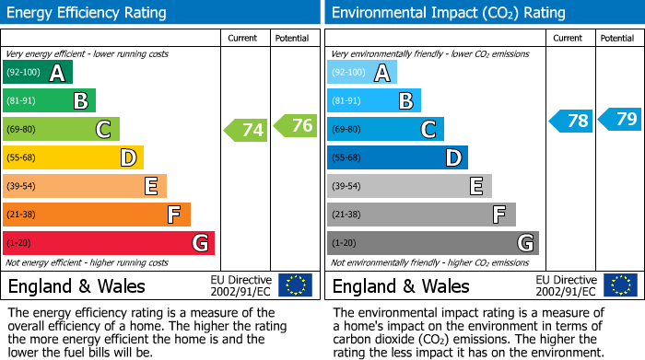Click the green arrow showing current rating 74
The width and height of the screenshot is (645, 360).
point(246,130)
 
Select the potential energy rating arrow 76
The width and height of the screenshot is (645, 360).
point(296,125)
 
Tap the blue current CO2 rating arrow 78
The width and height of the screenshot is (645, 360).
point(571,121)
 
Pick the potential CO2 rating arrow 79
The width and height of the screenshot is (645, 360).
point(620,119)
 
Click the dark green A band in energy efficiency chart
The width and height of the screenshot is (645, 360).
point(38,73)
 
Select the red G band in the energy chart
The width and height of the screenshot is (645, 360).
point(109,243)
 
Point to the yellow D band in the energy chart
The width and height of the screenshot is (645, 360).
point(73,157)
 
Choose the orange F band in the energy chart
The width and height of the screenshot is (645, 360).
point(97,215)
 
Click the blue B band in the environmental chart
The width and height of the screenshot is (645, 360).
point(374,100)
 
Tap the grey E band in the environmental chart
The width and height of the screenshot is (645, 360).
point(409,186)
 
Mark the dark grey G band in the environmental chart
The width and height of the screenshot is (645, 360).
point(432,243)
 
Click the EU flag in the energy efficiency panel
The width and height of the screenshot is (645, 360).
point(295,285)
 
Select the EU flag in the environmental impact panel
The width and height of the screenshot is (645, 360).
point(620,285)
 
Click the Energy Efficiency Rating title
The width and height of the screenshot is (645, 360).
point(88,13)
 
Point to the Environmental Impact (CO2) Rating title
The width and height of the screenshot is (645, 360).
point(448,13)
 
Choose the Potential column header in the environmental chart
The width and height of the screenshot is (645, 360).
point(616,38)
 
